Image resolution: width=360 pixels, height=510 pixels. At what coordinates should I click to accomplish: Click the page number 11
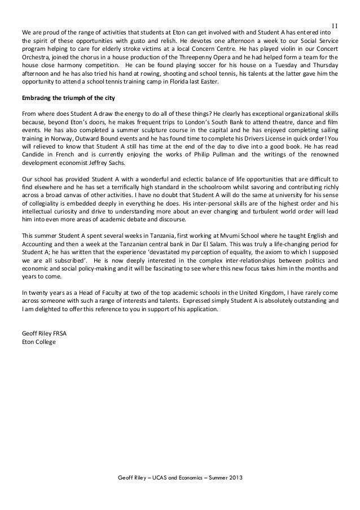tap(334, 25)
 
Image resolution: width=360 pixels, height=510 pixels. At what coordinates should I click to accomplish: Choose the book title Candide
tap(33, 152)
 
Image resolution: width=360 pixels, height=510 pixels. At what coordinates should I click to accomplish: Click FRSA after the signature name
tap(58, 333)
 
